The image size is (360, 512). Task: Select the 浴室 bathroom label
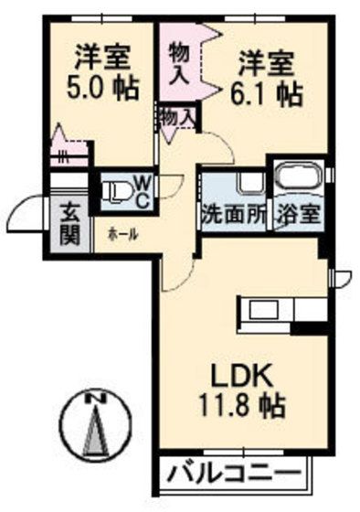click(299, 219)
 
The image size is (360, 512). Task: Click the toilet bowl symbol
click(115, 191)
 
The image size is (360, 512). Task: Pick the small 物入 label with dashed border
click(176, 116)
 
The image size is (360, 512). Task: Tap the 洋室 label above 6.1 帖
click(268, 63)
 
